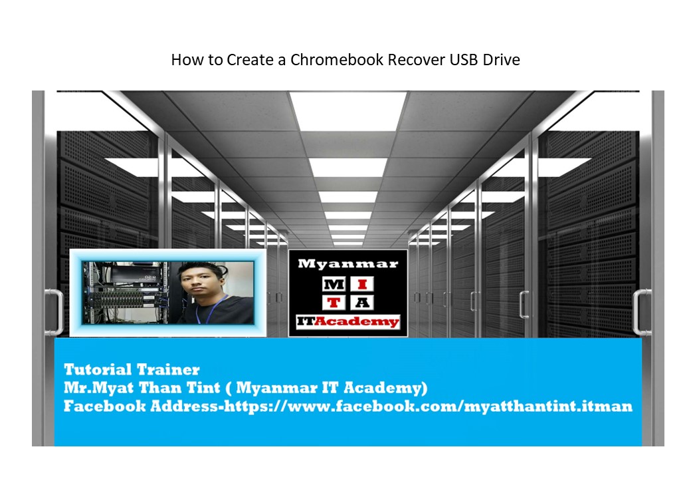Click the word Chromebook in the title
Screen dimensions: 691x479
[337, 60]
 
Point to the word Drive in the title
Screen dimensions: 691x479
[501, 60]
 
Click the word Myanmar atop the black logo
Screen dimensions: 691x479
[348, 263]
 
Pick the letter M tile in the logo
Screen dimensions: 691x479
[334, 284]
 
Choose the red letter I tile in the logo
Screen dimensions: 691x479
[362, 284]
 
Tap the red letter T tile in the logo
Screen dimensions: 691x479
[334, 303]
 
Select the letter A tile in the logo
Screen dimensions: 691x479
[362, 303]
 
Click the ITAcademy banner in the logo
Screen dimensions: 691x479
[348, 321]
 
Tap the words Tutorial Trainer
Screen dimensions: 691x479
[132, 369]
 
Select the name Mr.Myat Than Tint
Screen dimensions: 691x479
[142, 388]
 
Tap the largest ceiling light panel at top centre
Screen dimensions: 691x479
[347, 111]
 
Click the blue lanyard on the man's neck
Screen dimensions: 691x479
[211, 309]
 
